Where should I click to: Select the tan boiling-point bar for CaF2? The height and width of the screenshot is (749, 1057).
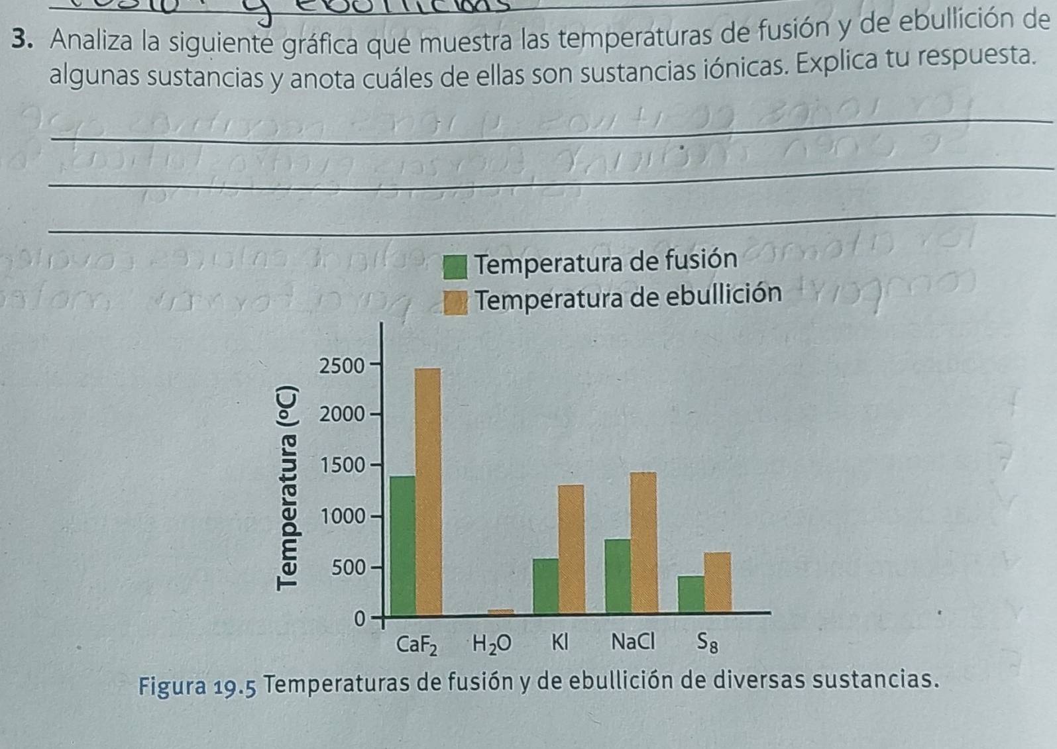428,491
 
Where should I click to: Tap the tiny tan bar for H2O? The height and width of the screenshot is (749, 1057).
501,612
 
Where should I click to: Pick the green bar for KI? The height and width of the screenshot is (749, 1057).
546,585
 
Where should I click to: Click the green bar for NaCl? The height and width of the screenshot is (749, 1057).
618,575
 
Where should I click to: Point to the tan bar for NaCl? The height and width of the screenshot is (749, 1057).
643,542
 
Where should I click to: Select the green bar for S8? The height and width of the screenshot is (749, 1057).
691,593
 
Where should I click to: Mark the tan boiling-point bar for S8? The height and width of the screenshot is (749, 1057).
718,581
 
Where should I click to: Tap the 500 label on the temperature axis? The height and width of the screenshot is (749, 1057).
348,568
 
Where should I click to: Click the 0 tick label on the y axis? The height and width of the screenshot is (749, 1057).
359,619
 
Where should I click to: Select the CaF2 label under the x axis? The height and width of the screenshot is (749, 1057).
416,644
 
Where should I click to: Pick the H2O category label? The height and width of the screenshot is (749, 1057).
492,644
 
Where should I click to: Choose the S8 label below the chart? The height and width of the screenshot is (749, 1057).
707,642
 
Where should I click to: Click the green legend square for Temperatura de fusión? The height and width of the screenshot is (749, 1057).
455,268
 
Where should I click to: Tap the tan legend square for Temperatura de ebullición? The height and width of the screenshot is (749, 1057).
455,303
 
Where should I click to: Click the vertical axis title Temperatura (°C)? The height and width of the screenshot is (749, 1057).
289,487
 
